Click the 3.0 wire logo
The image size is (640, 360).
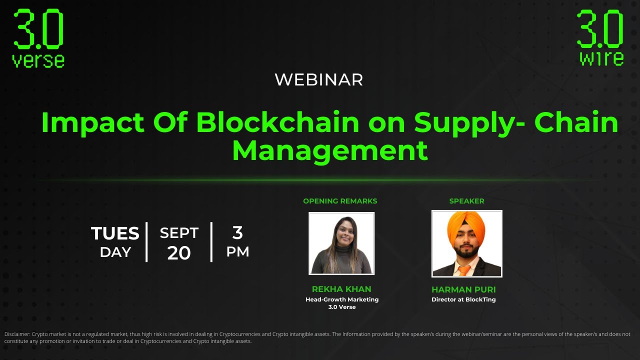click(x=600, y=38)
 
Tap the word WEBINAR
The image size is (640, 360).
click(x=319, y=79)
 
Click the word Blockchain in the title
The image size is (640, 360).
click(x=277, y=122)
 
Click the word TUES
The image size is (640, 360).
click(x=115, y=233)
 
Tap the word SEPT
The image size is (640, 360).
click(x=179, y=233)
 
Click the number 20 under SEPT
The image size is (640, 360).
click(x=179, y=253)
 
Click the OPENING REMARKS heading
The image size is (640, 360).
click(x=340, y=201)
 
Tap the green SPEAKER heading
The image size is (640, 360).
click(x=466, y=201)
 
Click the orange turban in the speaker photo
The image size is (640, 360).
click(x=465, y=227)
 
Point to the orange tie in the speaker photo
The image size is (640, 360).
click(x=464, y=270)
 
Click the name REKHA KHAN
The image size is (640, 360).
click(x=341, y=289)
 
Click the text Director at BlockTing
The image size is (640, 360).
click(x=463, y=300)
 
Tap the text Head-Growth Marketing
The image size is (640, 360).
click(x=342, y=299)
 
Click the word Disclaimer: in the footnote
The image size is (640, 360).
click(x=17, y=334)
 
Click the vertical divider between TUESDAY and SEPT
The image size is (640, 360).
click(x=146, y=242)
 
